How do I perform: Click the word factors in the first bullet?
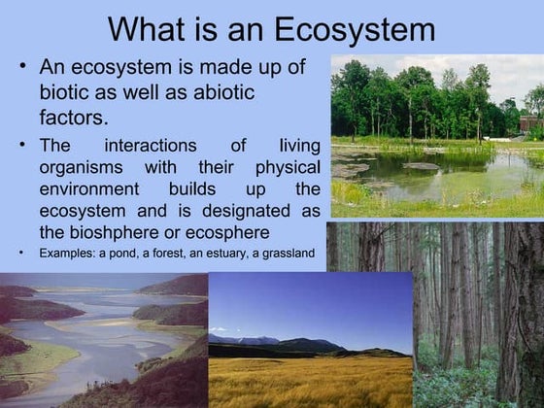(74, 119)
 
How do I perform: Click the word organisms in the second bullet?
(81, 167)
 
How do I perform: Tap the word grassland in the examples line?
(289, 254)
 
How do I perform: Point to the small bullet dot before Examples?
(21, 254)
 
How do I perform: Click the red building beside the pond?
(531, 123)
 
